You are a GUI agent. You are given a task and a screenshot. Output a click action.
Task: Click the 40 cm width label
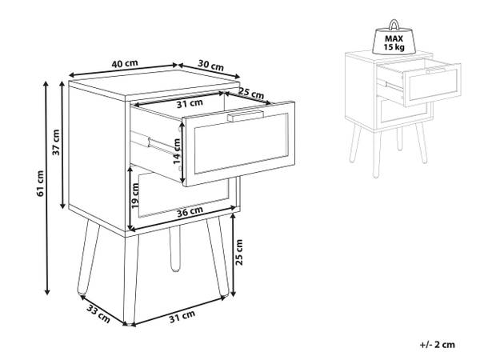125,64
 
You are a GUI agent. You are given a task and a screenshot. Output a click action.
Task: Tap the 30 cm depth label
210,66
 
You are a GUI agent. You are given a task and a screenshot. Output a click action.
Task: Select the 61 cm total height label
40,184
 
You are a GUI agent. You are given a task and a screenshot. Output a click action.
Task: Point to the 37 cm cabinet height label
56,142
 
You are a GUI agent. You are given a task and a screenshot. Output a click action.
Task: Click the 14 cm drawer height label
177,151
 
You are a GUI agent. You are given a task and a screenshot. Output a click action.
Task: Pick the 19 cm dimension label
135,196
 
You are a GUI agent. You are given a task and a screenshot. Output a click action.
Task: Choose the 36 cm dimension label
190,211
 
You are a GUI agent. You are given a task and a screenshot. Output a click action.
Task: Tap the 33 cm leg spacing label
98,314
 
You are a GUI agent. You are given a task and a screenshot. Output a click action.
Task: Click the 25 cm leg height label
238,252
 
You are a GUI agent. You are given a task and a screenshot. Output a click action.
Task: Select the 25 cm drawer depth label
251,93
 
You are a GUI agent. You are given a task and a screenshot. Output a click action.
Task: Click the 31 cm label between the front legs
182,317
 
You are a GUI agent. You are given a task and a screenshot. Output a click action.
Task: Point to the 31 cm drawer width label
190,104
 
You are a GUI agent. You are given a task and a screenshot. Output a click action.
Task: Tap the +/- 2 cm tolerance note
438,345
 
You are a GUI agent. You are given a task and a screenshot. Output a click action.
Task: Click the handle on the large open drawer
246,116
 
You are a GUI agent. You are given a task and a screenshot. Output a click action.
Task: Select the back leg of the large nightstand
174,249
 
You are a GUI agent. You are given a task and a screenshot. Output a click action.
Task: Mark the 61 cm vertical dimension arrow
47,188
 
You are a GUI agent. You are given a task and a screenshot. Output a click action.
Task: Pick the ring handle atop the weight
394,25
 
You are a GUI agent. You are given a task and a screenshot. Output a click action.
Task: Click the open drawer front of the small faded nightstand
432,85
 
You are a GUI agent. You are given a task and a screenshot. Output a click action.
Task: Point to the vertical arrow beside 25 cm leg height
234,254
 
